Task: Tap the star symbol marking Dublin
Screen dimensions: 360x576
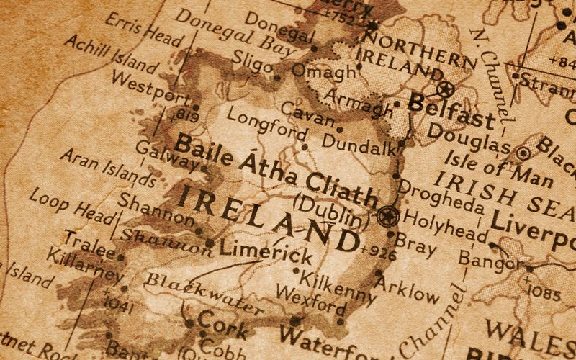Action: (387, 215)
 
